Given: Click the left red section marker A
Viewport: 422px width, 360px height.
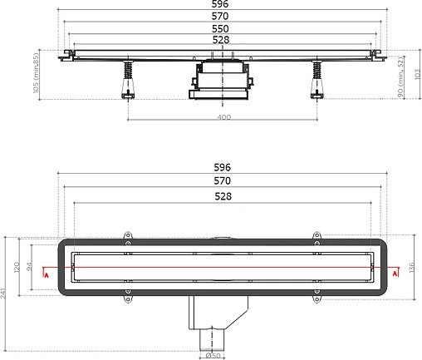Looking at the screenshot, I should click(x=47, y=273).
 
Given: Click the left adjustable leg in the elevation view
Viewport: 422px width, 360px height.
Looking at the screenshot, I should click(x=129, y=81).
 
